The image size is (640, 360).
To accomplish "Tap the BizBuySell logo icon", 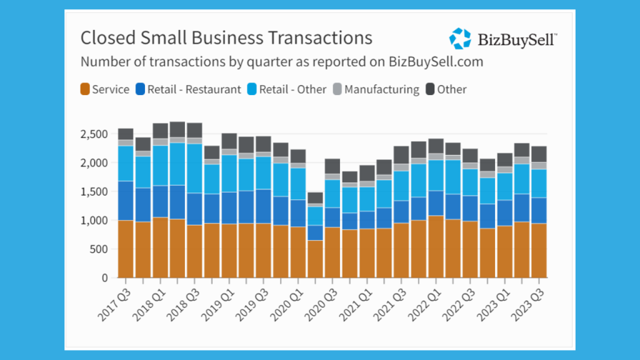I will point(460,39).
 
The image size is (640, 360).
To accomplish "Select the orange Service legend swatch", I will point(85,89).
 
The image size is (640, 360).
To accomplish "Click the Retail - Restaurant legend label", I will point(194,89).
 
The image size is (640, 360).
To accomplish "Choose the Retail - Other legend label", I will point(292,89).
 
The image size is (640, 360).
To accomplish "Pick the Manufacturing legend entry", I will point(381,89).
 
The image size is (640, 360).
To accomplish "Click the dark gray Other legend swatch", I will point(430,89).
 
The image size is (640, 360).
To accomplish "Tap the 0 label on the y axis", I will point(105,278).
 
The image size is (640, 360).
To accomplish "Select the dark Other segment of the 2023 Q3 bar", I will point(538,154).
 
